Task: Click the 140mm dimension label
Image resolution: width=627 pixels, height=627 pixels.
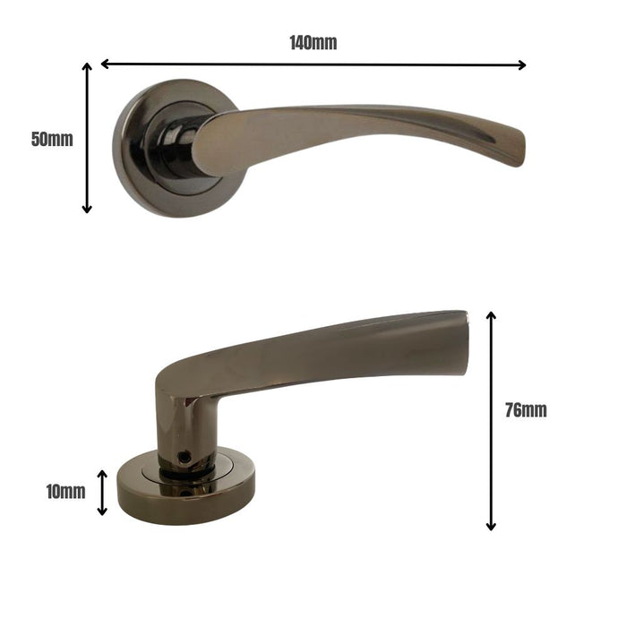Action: (x=313, y=42)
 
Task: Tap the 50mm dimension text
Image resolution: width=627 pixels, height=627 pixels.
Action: (x=52, y=139)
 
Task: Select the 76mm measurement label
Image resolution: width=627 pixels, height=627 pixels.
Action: (x=526, y=410)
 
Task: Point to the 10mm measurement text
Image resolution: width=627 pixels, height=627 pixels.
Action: (x=65, y=492)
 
